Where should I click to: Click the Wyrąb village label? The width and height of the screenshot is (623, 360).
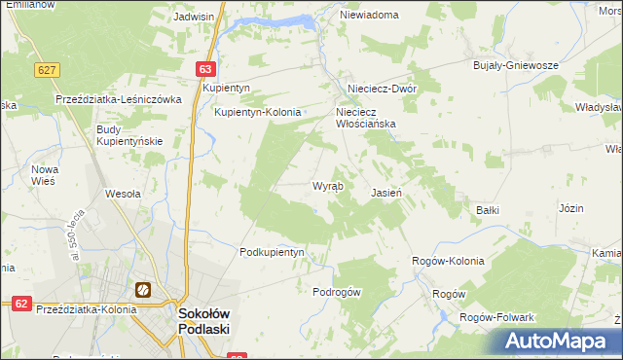[x=326, y=186]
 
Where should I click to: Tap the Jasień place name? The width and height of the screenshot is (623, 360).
[x=386, y=194]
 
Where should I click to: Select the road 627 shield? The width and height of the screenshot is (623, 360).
[x=47, y=70]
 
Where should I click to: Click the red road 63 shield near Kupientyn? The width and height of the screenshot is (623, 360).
[x=203, y=69]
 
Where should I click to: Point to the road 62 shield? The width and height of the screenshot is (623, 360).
[x=20, y=304]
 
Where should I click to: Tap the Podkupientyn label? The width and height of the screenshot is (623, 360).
[x=273, y=252]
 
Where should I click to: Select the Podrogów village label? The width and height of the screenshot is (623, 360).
[x=337, y=292]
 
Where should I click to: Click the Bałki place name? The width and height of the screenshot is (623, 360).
[x=487, y=209]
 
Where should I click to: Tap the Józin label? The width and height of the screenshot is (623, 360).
[x=570, y=209]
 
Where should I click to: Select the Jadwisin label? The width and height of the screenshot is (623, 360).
[x=193, y=17]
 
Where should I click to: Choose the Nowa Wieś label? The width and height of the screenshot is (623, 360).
[x=45, y=175]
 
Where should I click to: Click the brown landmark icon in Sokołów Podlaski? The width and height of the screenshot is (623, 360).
[x=143, y=289]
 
